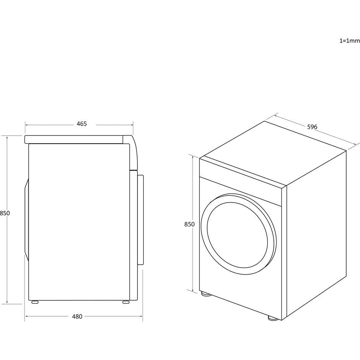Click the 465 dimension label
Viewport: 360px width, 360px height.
click(82, 124)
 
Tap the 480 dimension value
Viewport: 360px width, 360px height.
click(77, 317)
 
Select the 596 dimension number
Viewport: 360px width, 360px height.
click(312, 127)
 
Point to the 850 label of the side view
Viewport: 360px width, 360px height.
click(5, 213)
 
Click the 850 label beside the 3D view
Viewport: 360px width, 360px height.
click(190, 224)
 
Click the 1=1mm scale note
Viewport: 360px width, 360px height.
click(350, 41)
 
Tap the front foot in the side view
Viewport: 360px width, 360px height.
click(126, 302)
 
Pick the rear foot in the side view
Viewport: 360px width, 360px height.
click(35, 302)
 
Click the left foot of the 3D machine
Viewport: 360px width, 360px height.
click(206, 294)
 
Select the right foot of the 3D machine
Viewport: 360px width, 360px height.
click(273, 318)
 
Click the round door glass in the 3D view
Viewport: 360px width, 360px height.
click(237, 235)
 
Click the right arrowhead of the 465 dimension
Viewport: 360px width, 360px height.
click(132, 125)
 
